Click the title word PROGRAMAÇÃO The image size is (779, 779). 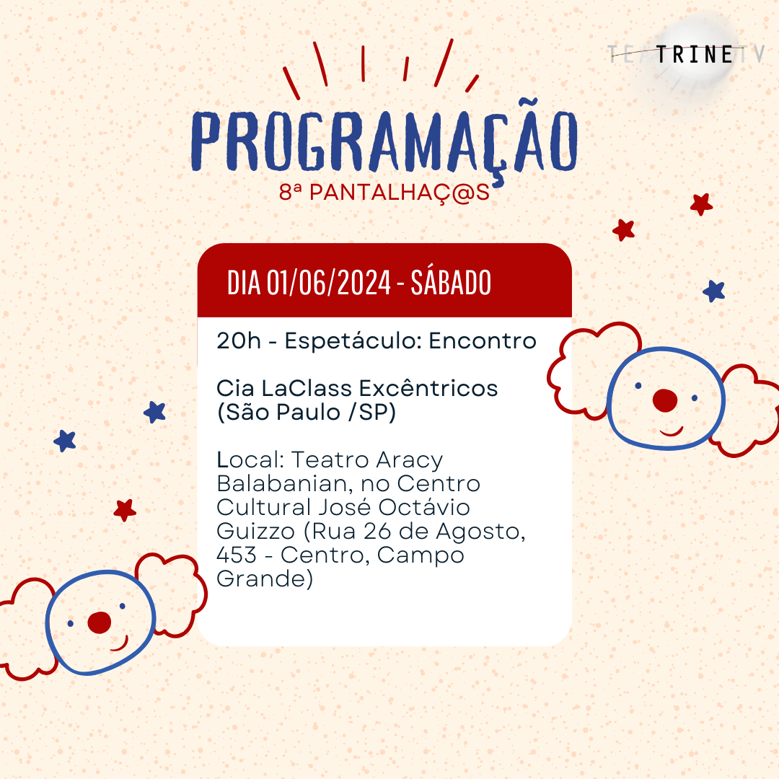[x=384, y=141]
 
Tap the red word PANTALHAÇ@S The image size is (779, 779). [x=400, y=193]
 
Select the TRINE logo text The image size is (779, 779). [x=695, y=55]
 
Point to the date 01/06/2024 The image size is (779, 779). [x=329, y=283]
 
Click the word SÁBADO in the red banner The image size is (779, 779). [x=451, y=282]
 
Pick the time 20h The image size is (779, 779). [x=239, y=340]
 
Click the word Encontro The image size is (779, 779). [x=483, y=340]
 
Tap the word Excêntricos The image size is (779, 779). [x=428, y=388]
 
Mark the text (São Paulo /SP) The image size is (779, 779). [x=307, y=413]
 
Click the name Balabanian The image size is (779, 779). [x=285, y=483]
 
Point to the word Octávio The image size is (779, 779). [x=424, y=507]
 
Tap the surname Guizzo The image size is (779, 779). [x=256, y=531]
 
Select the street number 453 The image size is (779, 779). [x=237, y=555]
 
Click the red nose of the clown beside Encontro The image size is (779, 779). [x=665, y=400]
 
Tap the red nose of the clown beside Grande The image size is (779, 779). [x=100, y=622]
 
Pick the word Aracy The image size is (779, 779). [x=409, y=460]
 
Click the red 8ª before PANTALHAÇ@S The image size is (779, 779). [x=290, y=192]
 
